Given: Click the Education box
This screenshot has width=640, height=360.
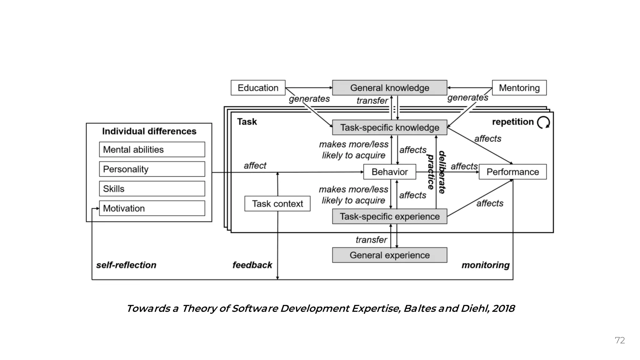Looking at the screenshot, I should point(258,88).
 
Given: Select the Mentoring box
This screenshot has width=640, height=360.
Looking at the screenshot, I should point(519,88).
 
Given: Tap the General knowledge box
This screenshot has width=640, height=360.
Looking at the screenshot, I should point(389,88).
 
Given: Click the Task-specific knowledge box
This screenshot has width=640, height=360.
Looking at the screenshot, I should point(389,127).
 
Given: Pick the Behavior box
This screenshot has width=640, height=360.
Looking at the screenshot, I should point(389,172).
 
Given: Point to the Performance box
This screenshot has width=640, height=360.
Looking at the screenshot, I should point(512,172).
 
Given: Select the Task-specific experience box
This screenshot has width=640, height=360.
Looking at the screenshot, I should point(389,217).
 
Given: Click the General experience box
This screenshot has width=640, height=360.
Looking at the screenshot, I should point(389,255).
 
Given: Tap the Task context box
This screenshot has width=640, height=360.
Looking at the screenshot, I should point(277,204).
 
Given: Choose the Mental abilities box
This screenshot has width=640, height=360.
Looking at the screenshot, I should point(152,150).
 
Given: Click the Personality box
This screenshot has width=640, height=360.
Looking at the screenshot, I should point(152,169).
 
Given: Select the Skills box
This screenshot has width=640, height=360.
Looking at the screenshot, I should point(152,189).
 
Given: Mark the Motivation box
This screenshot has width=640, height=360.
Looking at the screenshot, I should point(152,208).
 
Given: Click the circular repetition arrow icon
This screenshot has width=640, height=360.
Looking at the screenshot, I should point(543,122).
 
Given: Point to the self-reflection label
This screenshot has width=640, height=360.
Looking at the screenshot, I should point(126,265).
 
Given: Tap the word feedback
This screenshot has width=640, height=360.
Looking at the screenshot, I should point(252,265).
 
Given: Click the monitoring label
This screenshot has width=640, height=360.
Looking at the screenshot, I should point(485,265).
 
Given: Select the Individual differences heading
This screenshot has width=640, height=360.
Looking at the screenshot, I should point(149,131).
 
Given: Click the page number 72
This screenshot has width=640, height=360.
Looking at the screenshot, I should point(620,340).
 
